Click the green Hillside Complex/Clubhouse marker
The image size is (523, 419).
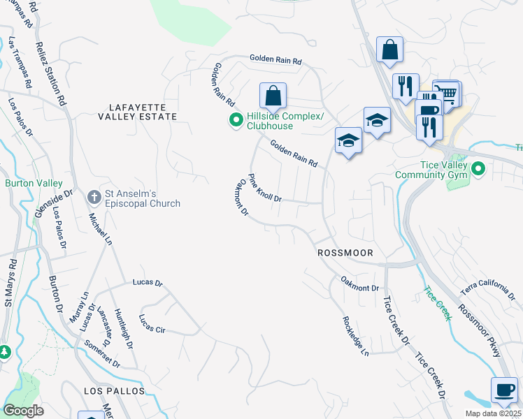coord(236,121)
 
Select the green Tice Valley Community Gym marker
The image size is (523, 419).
coord(478,168)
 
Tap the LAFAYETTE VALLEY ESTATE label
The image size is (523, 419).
coord(143,111)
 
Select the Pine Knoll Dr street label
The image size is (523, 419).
coord(265,188)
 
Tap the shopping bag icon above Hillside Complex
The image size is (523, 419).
coord(273,96)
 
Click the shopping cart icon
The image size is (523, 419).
coord(446,93)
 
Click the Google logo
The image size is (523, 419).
coord(24,411)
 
